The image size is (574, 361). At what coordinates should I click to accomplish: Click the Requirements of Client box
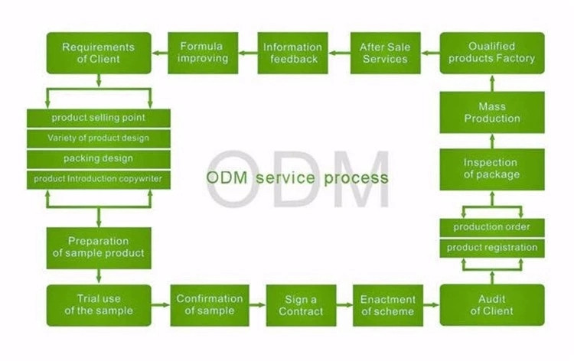[98, 52]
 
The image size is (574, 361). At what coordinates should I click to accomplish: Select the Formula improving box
[203, 52]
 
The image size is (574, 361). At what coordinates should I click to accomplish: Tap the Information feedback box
[292, 52]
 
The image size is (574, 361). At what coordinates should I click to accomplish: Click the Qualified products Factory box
[492, 52]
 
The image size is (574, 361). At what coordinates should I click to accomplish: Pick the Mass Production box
[492, 112]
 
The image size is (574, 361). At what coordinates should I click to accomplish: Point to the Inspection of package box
[492, 168]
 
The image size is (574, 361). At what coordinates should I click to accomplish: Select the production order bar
[492, 227]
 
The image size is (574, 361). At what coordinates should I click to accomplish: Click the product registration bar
[492, 248]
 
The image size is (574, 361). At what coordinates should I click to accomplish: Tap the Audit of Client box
[492, 304]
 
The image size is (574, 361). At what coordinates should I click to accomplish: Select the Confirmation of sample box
[210, 304]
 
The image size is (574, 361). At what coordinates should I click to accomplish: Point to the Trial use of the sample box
[98, 304]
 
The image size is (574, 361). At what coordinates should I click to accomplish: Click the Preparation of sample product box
[98, 247]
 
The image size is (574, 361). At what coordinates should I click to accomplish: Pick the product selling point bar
[98, 118]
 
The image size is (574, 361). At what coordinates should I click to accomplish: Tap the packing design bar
[98, 158]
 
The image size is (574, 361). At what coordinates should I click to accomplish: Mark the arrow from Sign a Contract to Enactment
[341, 304]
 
